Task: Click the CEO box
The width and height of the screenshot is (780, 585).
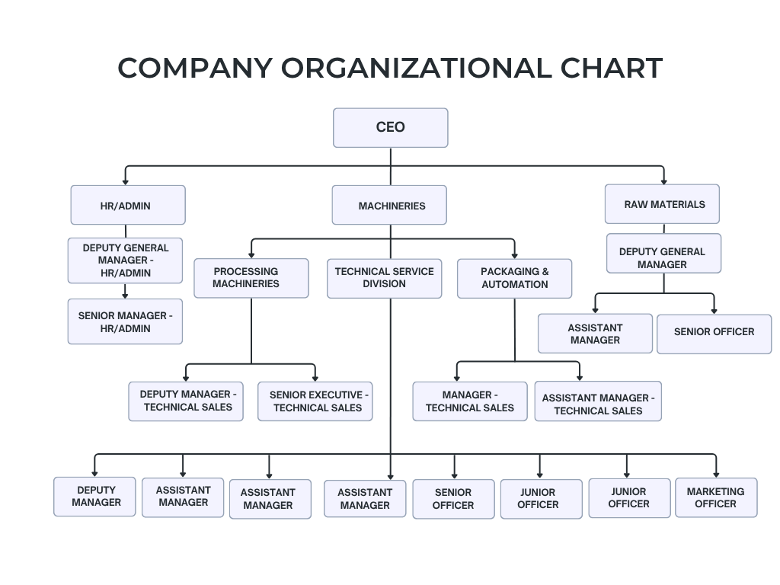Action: [391, 128]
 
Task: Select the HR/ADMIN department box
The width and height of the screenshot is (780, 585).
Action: [128, 205]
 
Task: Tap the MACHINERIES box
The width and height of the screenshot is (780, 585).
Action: [389, 205]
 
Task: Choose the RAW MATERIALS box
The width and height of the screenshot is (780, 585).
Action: [662, 204]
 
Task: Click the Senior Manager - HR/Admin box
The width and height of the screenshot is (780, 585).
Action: [126, 321]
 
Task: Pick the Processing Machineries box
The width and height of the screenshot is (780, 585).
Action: [251, 278]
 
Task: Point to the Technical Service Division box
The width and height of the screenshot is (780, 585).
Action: [385, 279]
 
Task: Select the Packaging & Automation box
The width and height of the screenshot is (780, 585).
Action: [514, 279]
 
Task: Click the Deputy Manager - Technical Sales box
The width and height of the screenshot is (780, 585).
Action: [186, 401]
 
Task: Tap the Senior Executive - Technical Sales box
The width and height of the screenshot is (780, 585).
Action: [315, 401]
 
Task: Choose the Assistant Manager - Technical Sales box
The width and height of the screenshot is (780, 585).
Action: [599, 401]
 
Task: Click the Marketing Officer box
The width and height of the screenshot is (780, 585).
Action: [716, 497]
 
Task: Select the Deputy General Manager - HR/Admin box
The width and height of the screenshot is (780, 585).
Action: [126, 261]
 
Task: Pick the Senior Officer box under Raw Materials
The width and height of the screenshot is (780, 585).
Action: [714, 334]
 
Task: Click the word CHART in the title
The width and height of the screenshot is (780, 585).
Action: [612, 68]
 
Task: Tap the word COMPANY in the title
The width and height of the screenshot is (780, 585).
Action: [195, 68]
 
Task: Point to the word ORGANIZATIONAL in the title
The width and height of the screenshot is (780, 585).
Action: [417, 68]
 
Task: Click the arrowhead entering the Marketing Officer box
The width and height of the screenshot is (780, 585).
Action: [716, 475]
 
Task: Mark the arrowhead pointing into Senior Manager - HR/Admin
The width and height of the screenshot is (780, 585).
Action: [126, 296]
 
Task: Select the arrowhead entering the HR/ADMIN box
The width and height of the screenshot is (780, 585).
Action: [126, 182]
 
